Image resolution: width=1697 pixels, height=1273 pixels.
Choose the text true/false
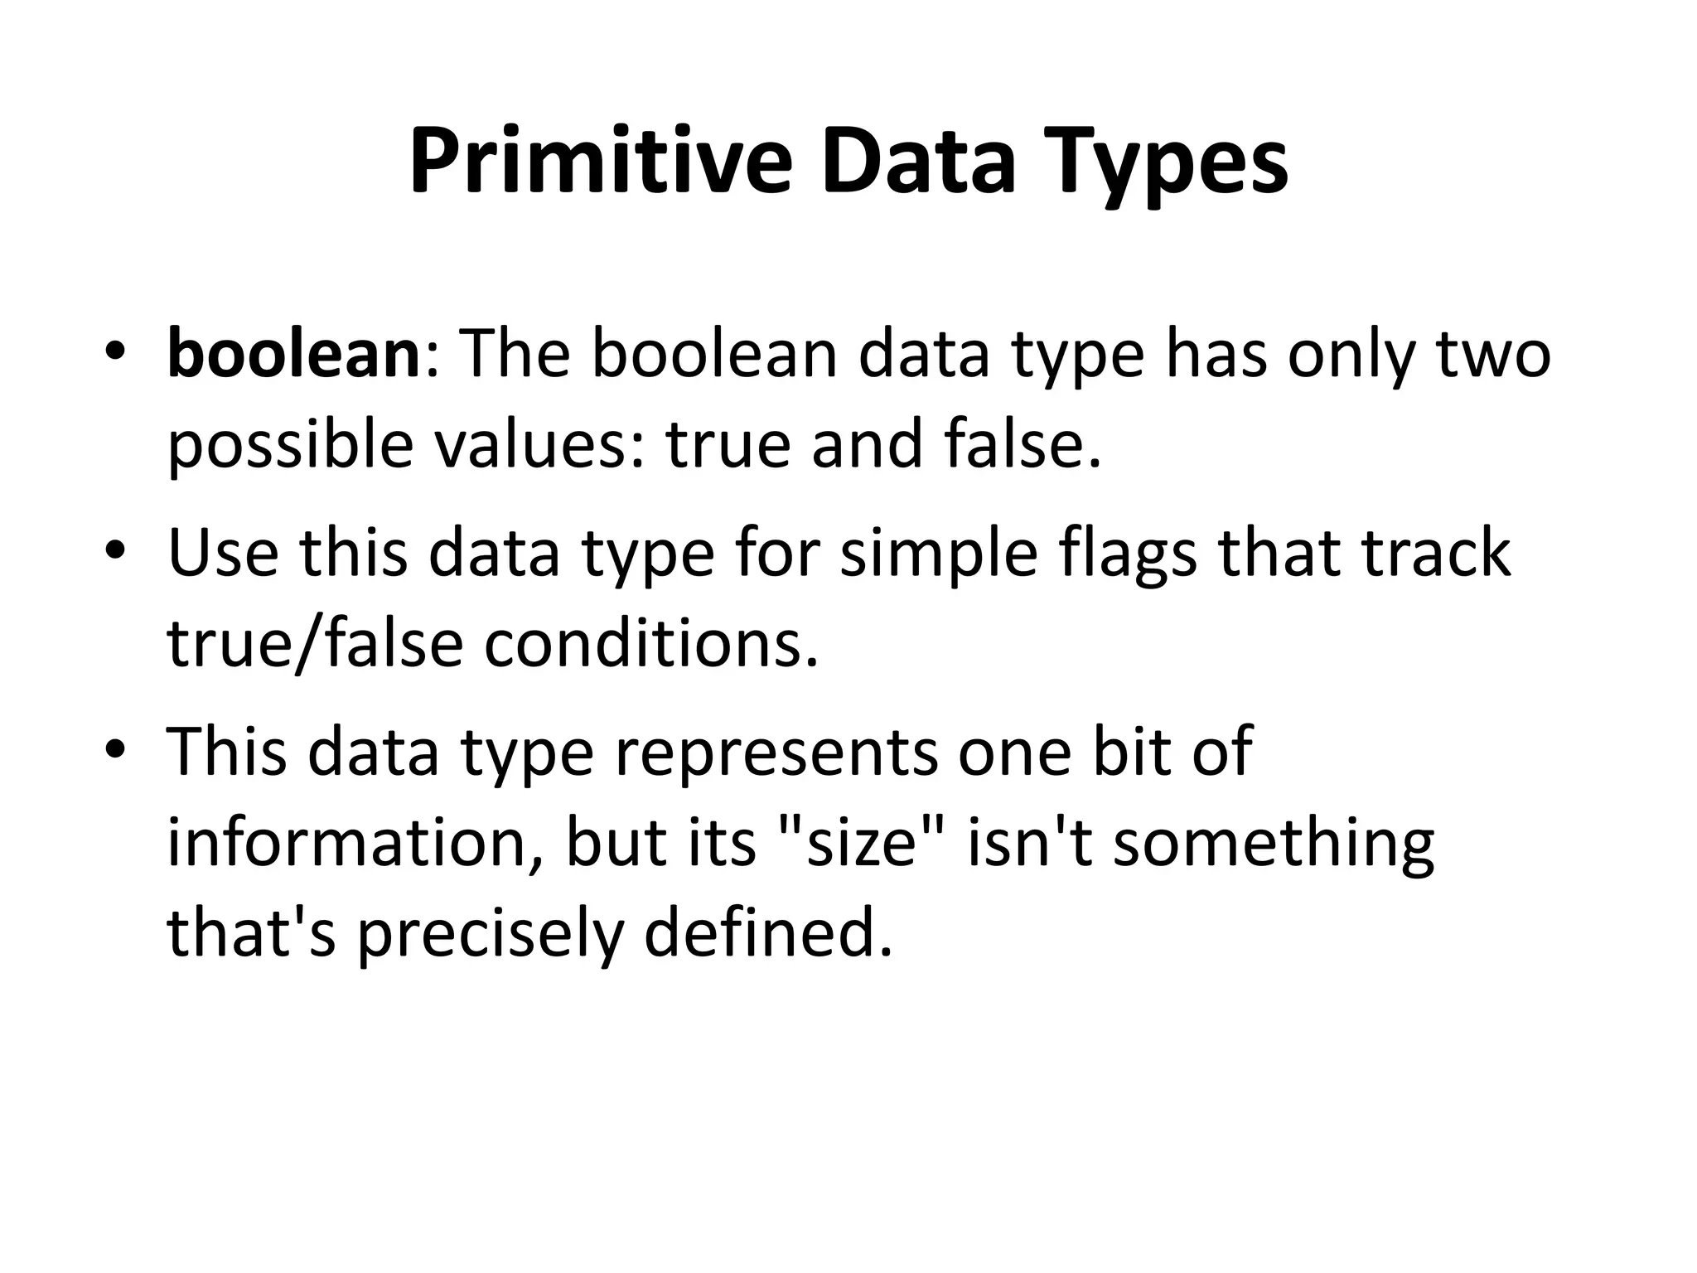pyautogui.click(x=314, y=643)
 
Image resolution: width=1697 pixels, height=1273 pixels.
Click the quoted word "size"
pyautogui.click(x=862, y=842)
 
